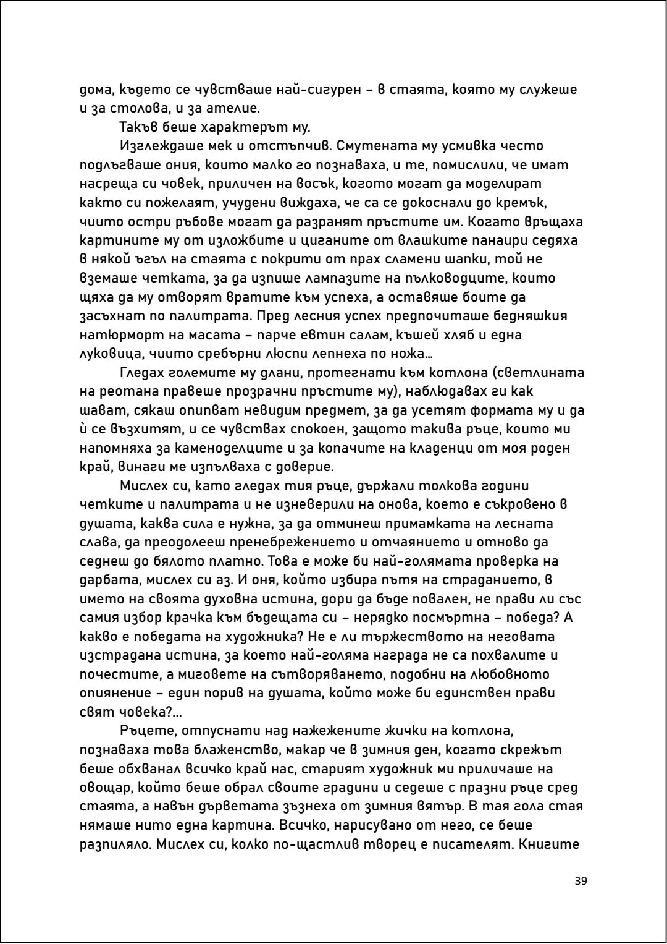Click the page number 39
click(581, 881)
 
